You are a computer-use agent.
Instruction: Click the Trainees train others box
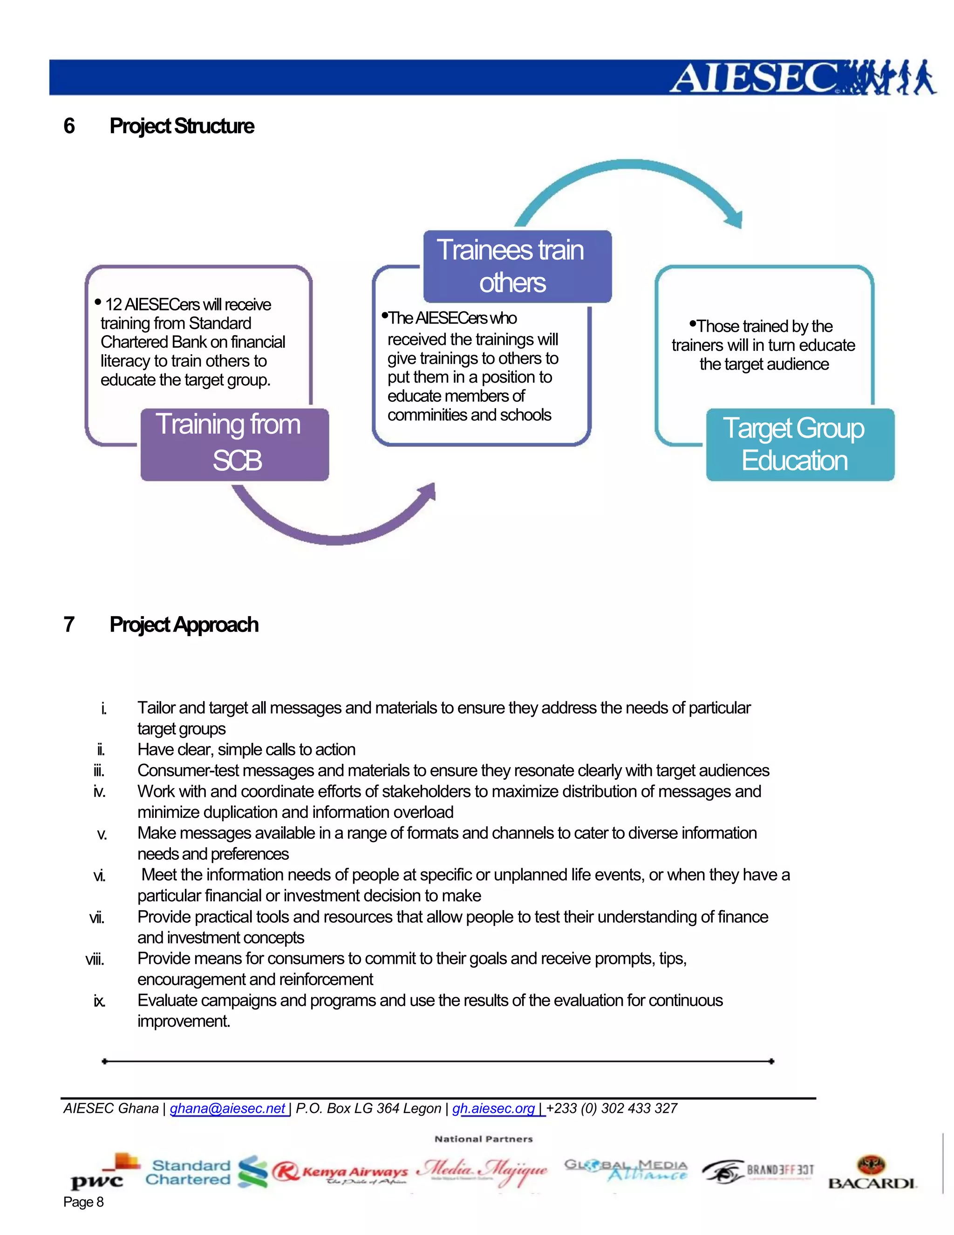517,266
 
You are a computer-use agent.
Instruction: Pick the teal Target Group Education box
800,445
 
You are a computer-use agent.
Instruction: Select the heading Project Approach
184,624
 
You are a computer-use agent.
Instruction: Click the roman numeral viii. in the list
95,960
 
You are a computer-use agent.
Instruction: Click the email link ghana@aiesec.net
227,1108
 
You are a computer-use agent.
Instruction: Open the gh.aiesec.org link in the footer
493,1108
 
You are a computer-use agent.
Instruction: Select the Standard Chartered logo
206,1172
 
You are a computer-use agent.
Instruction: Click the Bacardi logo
872,1173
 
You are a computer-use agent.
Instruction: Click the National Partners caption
483,1139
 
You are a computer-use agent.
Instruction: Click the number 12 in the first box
113,305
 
